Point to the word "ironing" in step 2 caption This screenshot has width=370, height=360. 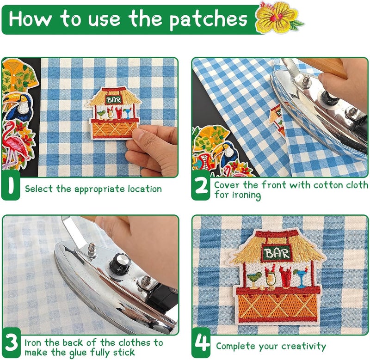click(246, 195)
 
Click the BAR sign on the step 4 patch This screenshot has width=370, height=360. click(277, 253)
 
